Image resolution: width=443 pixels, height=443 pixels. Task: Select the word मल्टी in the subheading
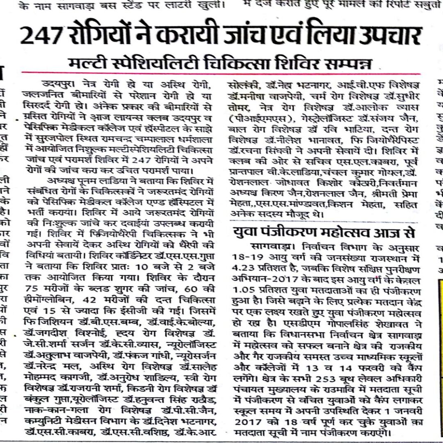(89, 63)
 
